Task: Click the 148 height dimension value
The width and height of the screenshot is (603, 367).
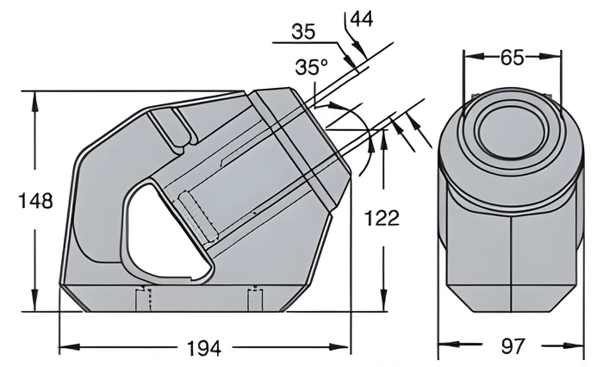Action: pyautogui.click(x=36, y=201)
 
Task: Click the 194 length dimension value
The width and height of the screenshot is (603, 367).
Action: pyautogui.click(x=204, y=348)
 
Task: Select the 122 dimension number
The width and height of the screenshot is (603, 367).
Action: pyautogui.click(x=382, y=218)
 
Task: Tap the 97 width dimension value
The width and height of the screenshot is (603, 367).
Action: pyautogui.click(x=513, y=345)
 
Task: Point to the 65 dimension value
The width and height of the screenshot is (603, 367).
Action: pyautogui.click(x=513, y=58)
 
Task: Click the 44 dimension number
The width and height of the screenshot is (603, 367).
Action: pyautogui.click(x=362, y=18)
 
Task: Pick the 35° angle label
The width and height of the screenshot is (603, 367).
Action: pyautogui.click(x=312, y=67)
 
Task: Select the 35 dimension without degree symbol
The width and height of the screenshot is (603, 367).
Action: pyautogui.click(x=303, y=32)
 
